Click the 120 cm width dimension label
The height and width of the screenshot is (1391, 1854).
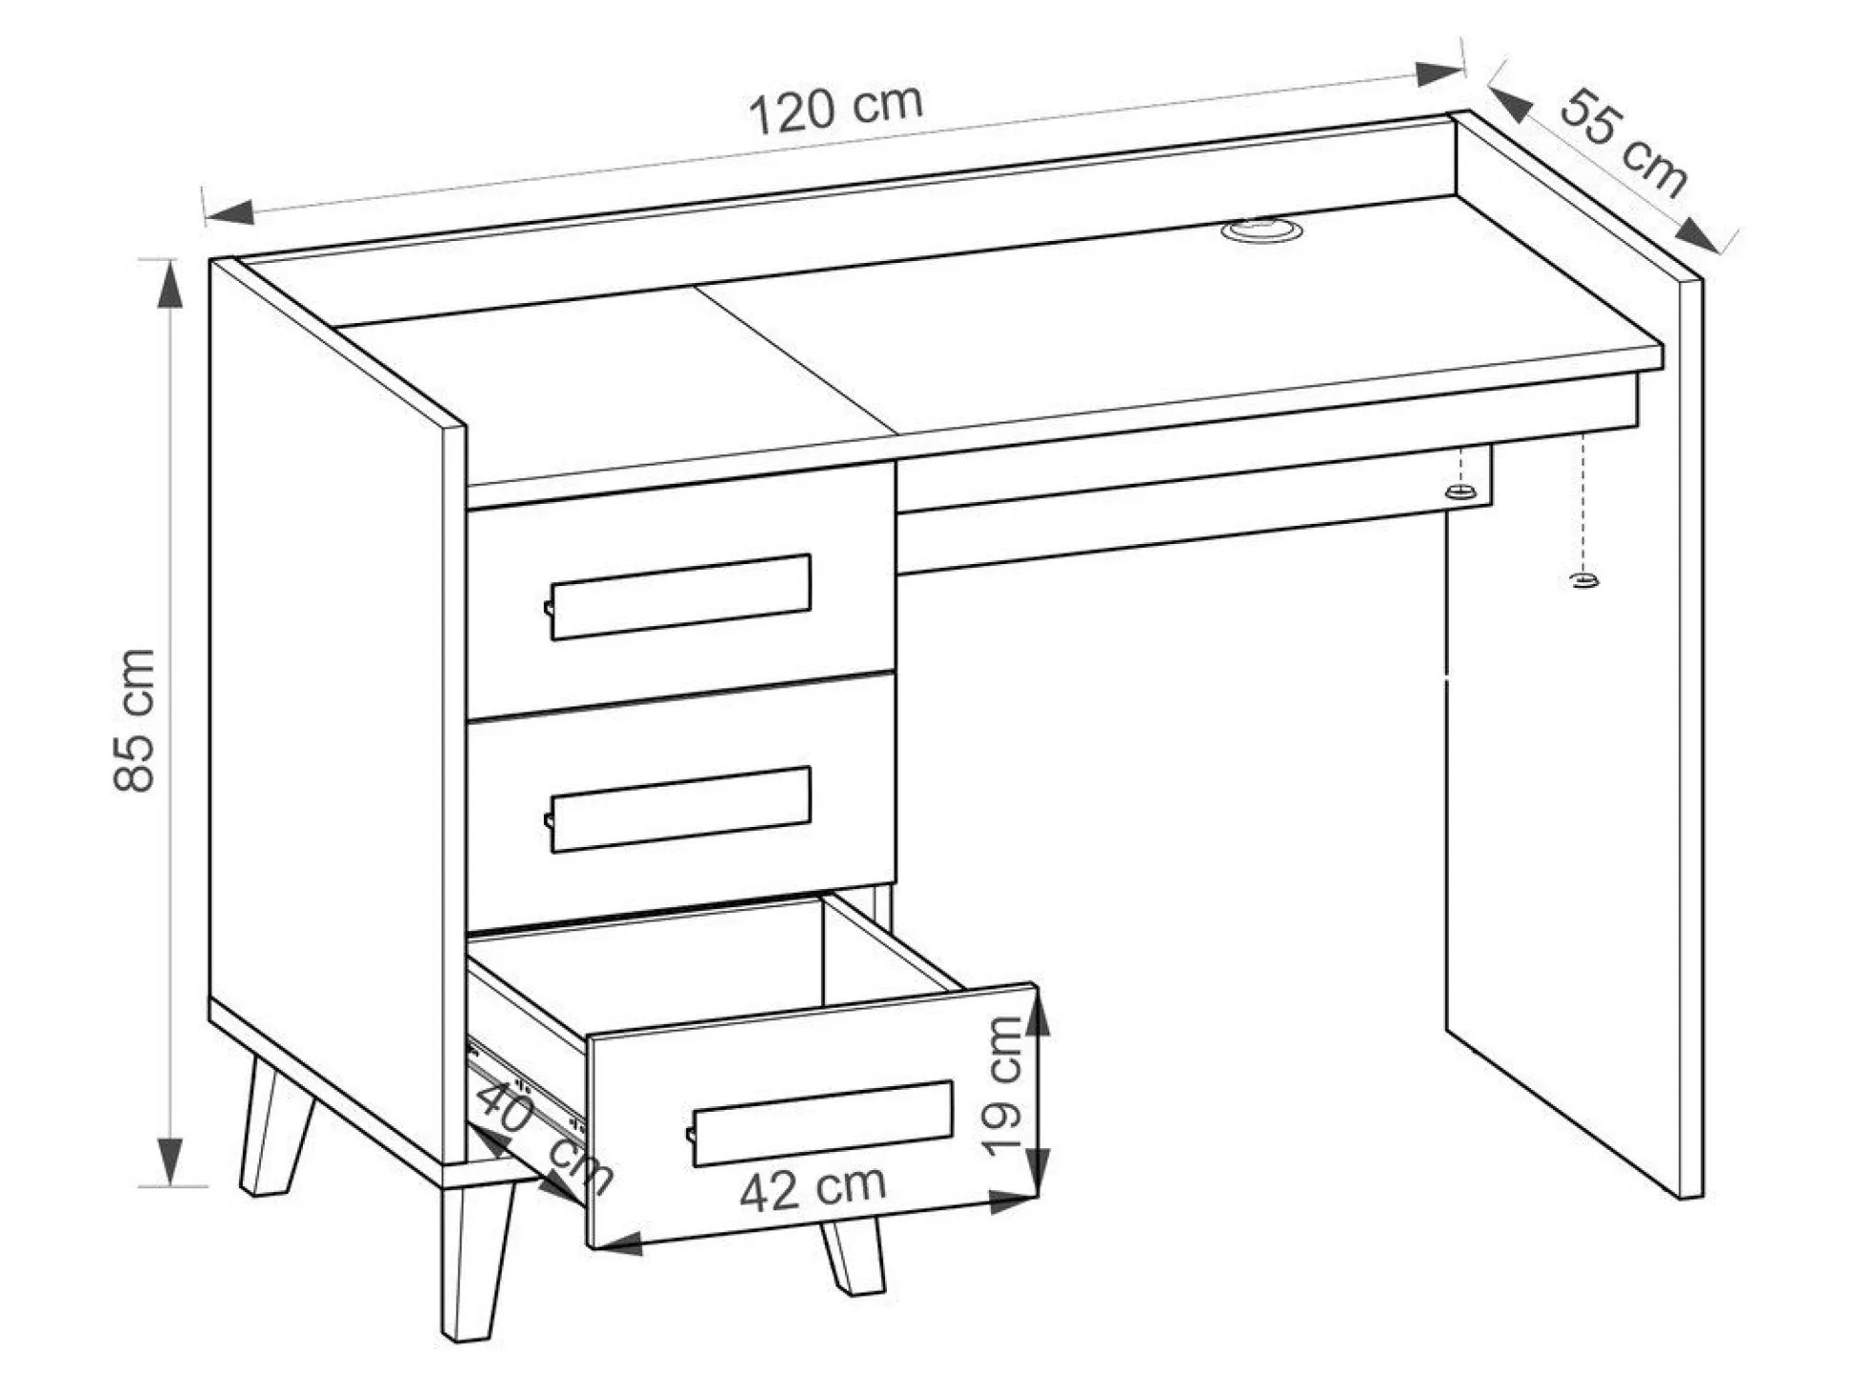(x=835, y=109)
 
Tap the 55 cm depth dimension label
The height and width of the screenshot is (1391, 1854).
(x=1623, y=143)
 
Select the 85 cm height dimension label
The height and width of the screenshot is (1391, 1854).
(x=134, y=720)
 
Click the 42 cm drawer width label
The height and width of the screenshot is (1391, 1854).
(x=812, y=1188)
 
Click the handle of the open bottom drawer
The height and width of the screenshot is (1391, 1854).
(x=820, y=1123)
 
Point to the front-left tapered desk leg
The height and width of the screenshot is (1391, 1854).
(x=475, y=1260)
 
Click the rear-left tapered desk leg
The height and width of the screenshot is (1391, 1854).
(x=276, y=1125)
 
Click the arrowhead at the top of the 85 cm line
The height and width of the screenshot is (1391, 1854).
(x=170, y=285)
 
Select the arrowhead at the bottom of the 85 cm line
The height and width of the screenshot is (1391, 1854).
(x=170, y=1163)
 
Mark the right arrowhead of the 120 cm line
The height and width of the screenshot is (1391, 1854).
(x=1439, y=74)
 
